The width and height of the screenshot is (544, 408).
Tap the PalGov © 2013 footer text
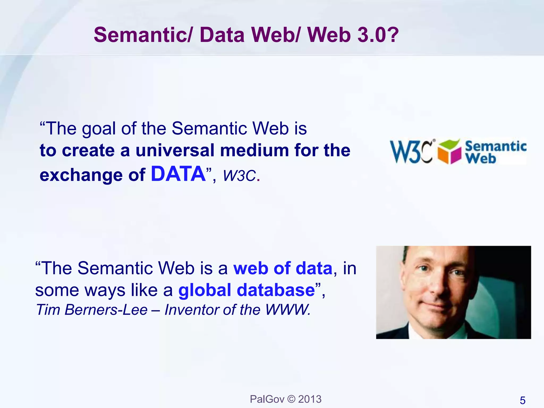[x=286, y=399]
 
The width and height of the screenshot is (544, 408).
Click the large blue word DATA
[x=178, y=174]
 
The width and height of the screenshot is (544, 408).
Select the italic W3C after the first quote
[x=239, y=176]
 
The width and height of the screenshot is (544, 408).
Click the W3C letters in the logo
[x=411, y=152]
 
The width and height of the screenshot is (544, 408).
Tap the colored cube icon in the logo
[x=449, y=152]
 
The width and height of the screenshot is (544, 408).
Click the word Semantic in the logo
[x=495, y=146]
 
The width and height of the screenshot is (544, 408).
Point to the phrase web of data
[x=283, y=268]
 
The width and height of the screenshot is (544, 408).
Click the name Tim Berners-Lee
[x=92, y=310]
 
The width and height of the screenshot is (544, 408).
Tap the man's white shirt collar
[x=414, y=332]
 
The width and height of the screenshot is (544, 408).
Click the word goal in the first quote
[x=99, y=129]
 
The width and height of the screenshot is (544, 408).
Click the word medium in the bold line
[x=255, y=150]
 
